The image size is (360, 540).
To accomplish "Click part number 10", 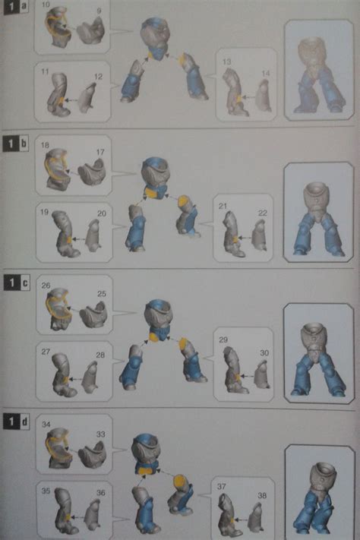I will pyautogui.click(x=46, y=6).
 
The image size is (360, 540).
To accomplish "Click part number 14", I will pyautogui.click(x=265, y=72).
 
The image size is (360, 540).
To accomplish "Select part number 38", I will pyautogui.click(x=262, y=495).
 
